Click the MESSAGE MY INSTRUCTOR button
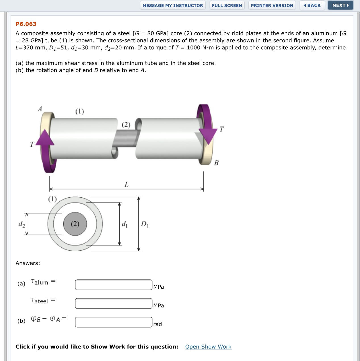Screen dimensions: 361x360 [x=173, y=5]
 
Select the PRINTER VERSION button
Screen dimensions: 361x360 [x=272, y=5]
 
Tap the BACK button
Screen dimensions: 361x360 [x=312, y=5]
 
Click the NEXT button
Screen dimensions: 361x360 [x=340, y=5]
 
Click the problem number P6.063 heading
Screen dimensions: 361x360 [x=26, y=24]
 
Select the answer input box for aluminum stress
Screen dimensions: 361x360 [x=114, y=285]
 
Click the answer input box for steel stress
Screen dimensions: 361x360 [x=114, y=303]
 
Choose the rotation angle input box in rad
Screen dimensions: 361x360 [x=114, y=322]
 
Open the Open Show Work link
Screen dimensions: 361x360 [x=208, y=347]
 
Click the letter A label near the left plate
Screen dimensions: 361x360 [x=40, y=109]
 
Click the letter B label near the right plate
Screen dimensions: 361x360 [x=216, y=163]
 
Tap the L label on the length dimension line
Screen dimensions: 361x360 [x=126, y=185]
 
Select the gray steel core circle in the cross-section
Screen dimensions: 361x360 [x=75, y=224]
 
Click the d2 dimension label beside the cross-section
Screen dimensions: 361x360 [x=22, y=224]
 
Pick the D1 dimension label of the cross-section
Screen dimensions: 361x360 [x=145, y=224]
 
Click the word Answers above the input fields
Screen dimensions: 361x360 [x=28, y=263]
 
